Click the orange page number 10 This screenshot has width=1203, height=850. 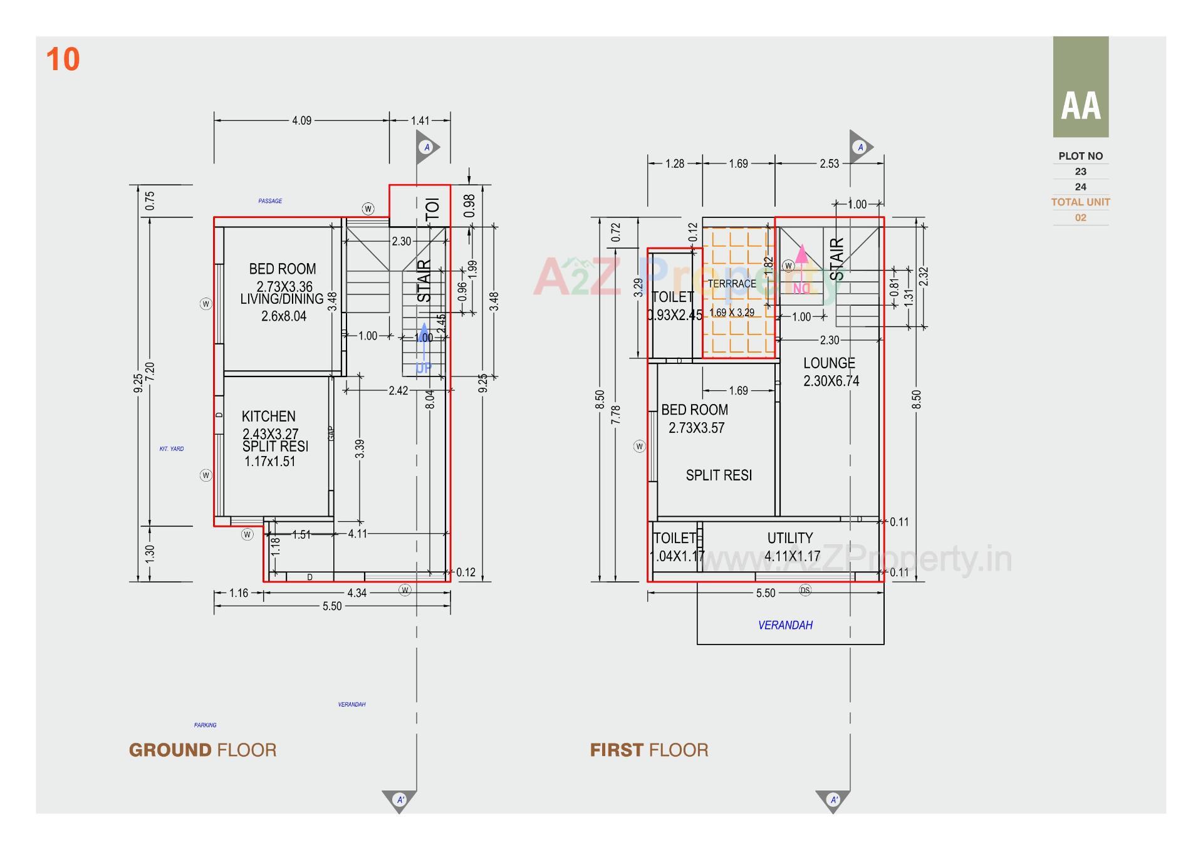click(x=63, y=60)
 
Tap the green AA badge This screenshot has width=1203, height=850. click(x=1080, y=106)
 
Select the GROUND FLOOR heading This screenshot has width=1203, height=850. click(x=202, y=750)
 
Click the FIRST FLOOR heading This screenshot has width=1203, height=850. click(x=648, y=750)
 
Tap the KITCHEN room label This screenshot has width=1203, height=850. click(x=268, y=417)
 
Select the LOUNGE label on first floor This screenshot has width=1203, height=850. click(x=829, y=363)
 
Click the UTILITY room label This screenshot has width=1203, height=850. click(x=789, y=538)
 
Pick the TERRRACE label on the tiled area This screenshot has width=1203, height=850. click(x=732, y=284)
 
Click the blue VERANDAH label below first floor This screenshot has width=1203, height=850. click(x=785, y=625)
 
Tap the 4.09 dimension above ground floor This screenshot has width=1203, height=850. click(x=301, y=120)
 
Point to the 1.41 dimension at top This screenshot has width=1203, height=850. click(x=420, y=120)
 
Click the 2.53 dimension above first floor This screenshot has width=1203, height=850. click(x=829, y=163)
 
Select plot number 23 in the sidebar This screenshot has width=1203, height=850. click(x=1080, y=172)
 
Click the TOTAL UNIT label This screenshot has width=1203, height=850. click(x=1080, y=202)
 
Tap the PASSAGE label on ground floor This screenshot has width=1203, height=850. click(x=270, y=201)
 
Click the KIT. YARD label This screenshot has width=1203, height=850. click(x=172, y=449)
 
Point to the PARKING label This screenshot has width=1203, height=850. click(x=205, y=725)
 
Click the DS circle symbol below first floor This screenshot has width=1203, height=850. click(x=805, y=590)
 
